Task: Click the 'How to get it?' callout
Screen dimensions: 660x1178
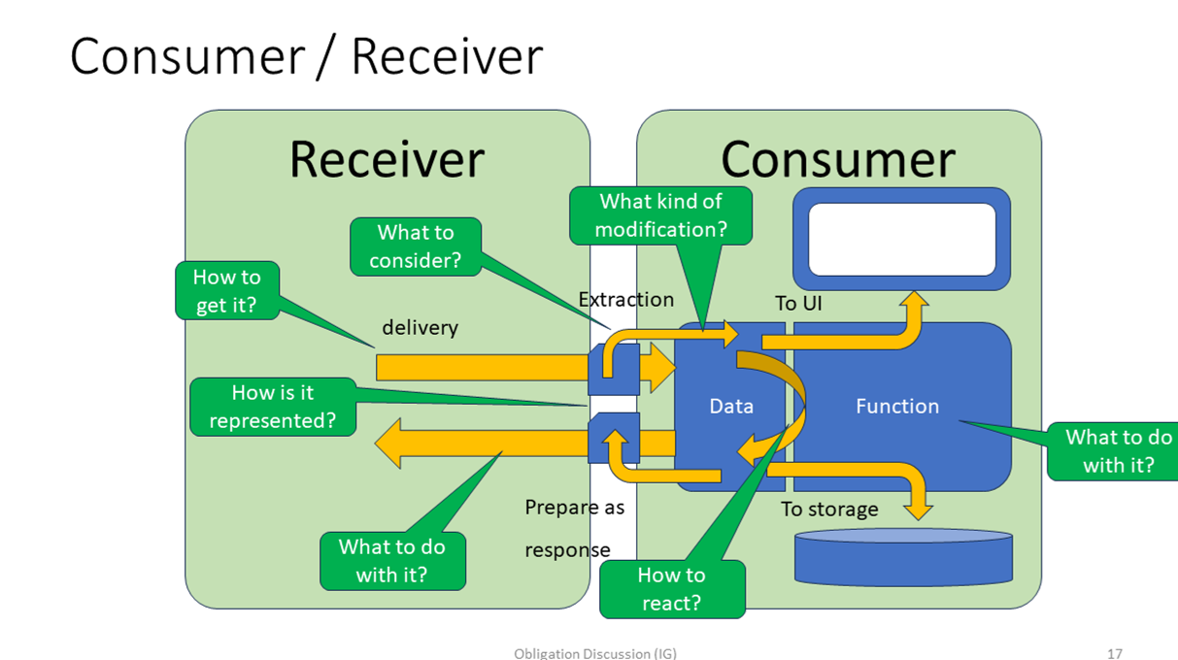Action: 226,290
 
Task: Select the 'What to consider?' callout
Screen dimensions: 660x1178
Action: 415,247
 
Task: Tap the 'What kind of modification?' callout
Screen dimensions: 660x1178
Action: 660,215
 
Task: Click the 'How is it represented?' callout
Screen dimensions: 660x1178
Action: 273,407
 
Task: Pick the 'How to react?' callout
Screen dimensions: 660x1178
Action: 671,589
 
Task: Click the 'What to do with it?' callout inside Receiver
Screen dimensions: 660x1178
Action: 392,561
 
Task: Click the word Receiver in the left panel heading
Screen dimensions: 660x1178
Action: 387,159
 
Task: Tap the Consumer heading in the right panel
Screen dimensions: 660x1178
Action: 837,159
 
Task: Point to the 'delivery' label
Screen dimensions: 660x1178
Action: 420,328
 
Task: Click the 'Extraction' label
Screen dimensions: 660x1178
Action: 625,300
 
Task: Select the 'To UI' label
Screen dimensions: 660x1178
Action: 798,304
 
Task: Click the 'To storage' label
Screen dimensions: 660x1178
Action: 829,510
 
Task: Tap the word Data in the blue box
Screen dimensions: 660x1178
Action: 731,407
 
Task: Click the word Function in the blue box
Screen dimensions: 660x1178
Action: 897,407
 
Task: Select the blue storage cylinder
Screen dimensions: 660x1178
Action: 903,559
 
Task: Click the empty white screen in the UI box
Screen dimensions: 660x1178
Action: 902,239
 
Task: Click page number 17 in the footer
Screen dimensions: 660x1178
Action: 1114,653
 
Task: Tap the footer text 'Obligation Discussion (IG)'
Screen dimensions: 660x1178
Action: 594,653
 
